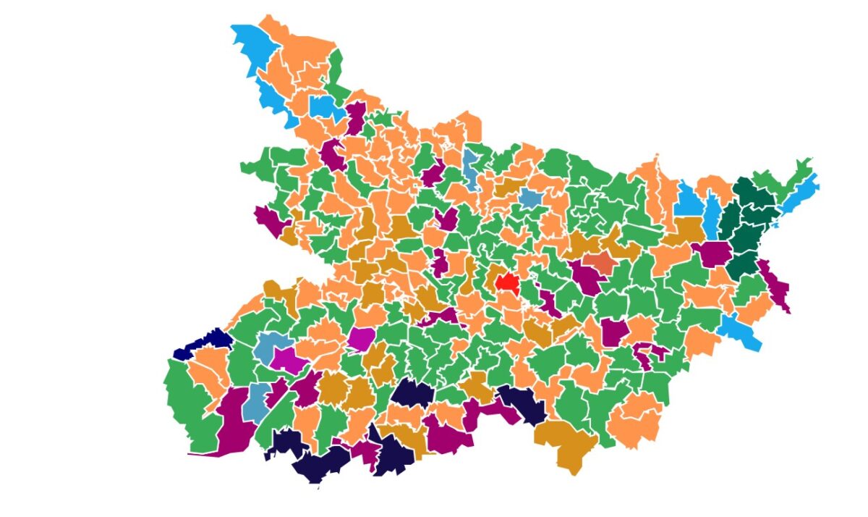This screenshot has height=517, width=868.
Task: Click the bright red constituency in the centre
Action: click(507, 282)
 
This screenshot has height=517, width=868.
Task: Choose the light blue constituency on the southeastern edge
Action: click(741, 332)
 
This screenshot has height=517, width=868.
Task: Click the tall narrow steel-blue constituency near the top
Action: click(472, 168)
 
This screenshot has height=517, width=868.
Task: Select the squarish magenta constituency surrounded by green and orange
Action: click(361, 338)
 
